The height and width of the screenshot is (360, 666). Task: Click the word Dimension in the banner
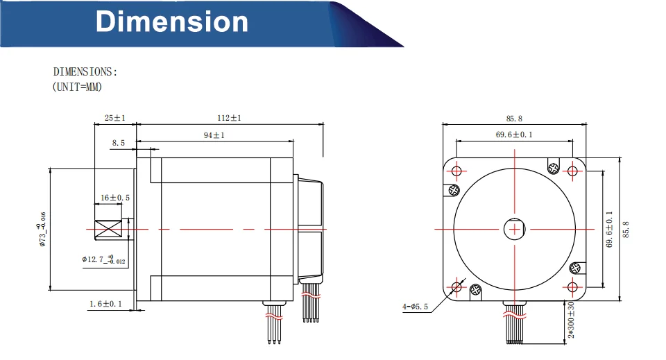pyautogui.click(x=171, y=22)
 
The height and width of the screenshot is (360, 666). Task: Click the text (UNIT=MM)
pyautogui.click(x=77, y=87)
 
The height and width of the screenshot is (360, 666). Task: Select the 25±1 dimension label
pyautogui.click(x=115, y=118)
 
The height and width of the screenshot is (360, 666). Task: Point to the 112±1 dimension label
pyautogui.click(x=230, y=118)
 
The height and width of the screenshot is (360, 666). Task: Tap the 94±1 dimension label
pyautogui.click(x=214, y=135)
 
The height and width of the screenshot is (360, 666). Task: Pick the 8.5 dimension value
pyautogui.click(x=119, y=143)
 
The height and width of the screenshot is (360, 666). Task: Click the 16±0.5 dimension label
pyautogui.click(x=115, y=198)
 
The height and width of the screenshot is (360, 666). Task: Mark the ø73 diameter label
pyautogui.click(x=42, y=229)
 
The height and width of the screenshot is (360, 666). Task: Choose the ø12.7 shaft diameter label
pyautogui.click(x=103, y=259)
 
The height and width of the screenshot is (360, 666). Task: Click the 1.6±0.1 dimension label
pyautogui.click(x=105, y=304)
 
